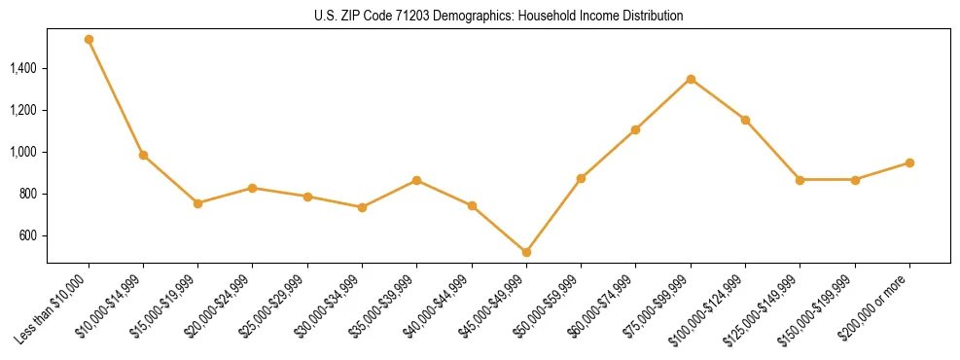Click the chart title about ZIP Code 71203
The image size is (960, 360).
click(498, 17)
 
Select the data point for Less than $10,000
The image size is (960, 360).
click(89, 40)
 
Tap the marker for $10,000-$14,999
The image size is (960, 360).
click(143, 155)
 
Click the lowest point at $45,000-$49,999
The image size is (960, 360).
click(526, 252)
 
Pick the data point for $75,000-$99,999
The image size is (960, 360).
click(691, 79)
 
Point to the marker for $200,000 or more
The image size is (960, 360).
click(909, 162)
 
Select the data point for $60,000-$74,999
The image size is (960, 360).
click(635, 129)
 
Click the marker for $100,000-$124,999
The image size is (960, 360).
click(745, 120)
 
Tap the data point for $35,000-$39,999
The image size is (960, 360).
click(416, 180)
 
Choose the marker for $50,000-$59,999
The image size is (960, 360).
click(581, 178)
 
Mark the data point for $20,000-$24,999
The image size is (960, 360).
click(253, 188)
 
